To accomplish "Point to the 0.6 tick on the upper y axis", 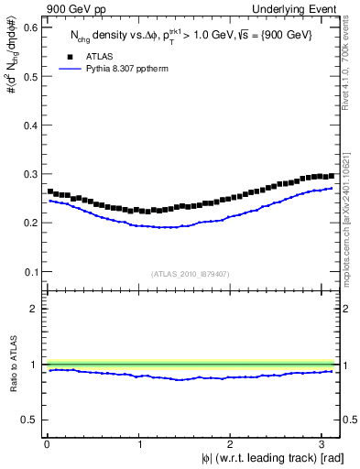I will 28,27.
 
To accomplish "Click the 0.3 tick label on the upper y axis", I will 28,174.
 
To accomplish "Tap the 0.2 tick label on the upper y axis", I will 28,223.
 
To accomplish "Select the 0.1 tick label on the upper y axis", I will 28,272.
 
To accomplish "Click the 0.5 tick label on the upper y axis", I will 28,76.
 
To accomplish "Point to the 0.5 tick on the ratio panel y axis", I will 28,420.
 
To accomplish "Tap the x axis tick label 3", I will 324,444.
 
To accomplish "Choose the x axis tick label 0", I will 46,444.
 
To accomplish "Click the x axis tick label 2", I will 232,444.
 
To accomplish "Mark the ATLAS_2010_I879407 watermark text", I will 191,274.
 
